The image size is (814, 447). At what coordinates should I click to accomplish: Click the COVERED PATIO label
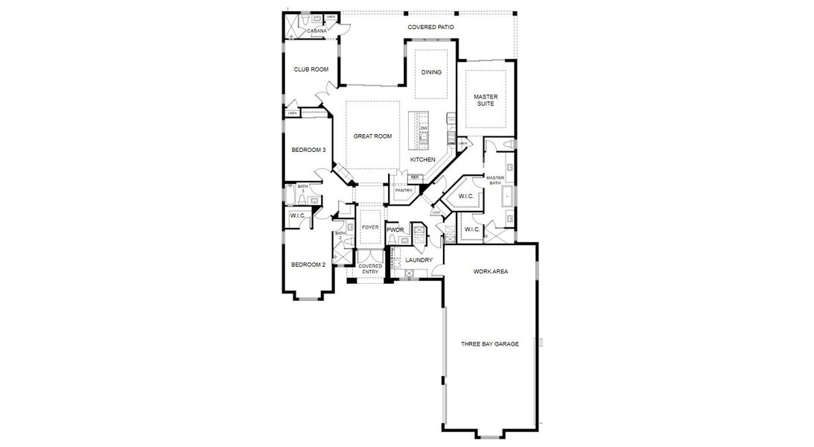click(x=430, y=28)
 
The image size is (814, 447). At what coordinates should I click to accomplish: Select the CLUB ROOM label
click(x=311, y=69)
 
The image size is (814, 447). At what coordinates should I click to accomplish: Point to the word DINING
click(x=431, y=72)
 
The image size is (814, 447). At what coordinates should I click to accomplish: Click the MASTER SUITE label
click(x=486, y=100)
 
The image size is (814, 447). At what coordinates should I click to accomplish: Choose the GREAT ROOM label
click(x=372, y=136)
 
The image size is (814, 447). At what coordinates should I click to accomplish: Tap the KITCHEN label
click(x=422, y=159)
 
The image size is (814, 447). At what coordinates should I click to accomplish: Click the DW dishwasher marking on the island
click(x=423, y=129)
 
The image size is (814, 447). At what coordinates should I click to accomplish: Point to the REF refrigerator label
click(x=414, y=177)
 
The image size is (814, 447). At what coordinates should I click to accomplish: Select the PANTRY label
click(x=404, y=191)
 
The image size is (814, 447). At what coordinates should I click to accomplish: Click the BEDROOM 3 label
click(x=308, y=150)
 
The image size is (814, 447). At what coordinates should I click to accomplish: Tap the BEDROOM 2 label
click(x=308, y=264)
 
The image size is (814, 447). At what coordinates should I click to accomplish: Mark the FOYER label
click(x=370, y=227)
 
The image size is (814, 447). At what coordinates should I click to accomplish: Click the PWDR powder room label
click(x=395, y=230)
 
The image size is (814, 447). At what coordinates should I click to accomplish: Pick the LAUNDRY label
click(x=419, y=260)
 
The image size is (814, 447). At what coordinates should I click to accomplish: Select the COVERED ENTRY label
click(x=370, y=269)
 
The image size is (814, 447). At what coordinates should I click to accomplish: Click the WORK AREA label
click(x=491, y=272)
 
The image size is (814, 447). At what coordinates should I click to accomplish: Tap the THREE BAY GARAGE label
click(x=489, y=343)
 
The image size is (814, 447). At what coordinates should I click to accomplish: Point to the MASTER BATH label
click(x=495, y=180)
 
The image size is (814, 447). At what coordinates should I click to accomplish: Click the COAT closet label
click(x=436, y=212)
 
